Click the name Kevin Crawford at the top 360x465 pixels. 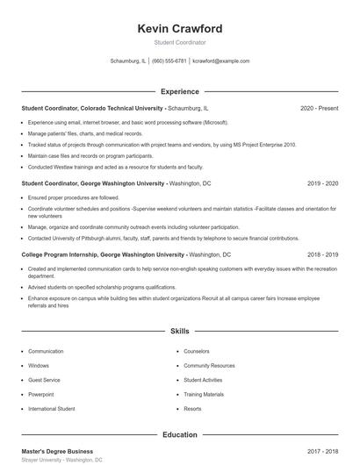pyautogui.click(x=180, y=29)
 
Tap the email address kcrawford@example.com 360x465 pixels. pyautogui.click(x=220, y=61)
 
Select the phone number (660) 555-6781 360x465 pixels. pyautogui.click(x=169, y=61)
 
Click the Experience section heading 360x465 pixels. pyautogui.click(x=180, y=91)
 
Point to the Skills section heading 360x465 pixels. pyautogui.click(x=180, y=332)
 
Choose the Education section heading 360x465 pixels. pyautogui.click(x=180, y=434)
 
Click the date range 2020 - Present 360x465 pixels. pyautogui.click(x=319, y=108)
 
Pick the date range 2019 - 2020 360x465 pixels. pyautogui.click(x=322, y=184)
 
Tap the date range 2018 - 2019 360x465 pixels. pyautogui.click(x=322, y=254)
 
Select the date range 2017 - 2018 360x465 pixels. pyautogui.click(x=322, y=451)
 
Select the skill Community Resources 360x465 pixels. pyautogui.click(x=209, y=365)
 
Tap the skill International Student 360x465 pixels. pyautogui.click(x=52, y=409)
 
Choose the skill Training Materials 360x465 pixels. pyautogui.click(x=204, y=394)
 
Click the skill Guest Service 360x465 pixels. pyautogui.click(x=45, y=380)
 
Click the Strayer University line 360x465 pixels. pyautogui.click(x=61, y=460)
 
